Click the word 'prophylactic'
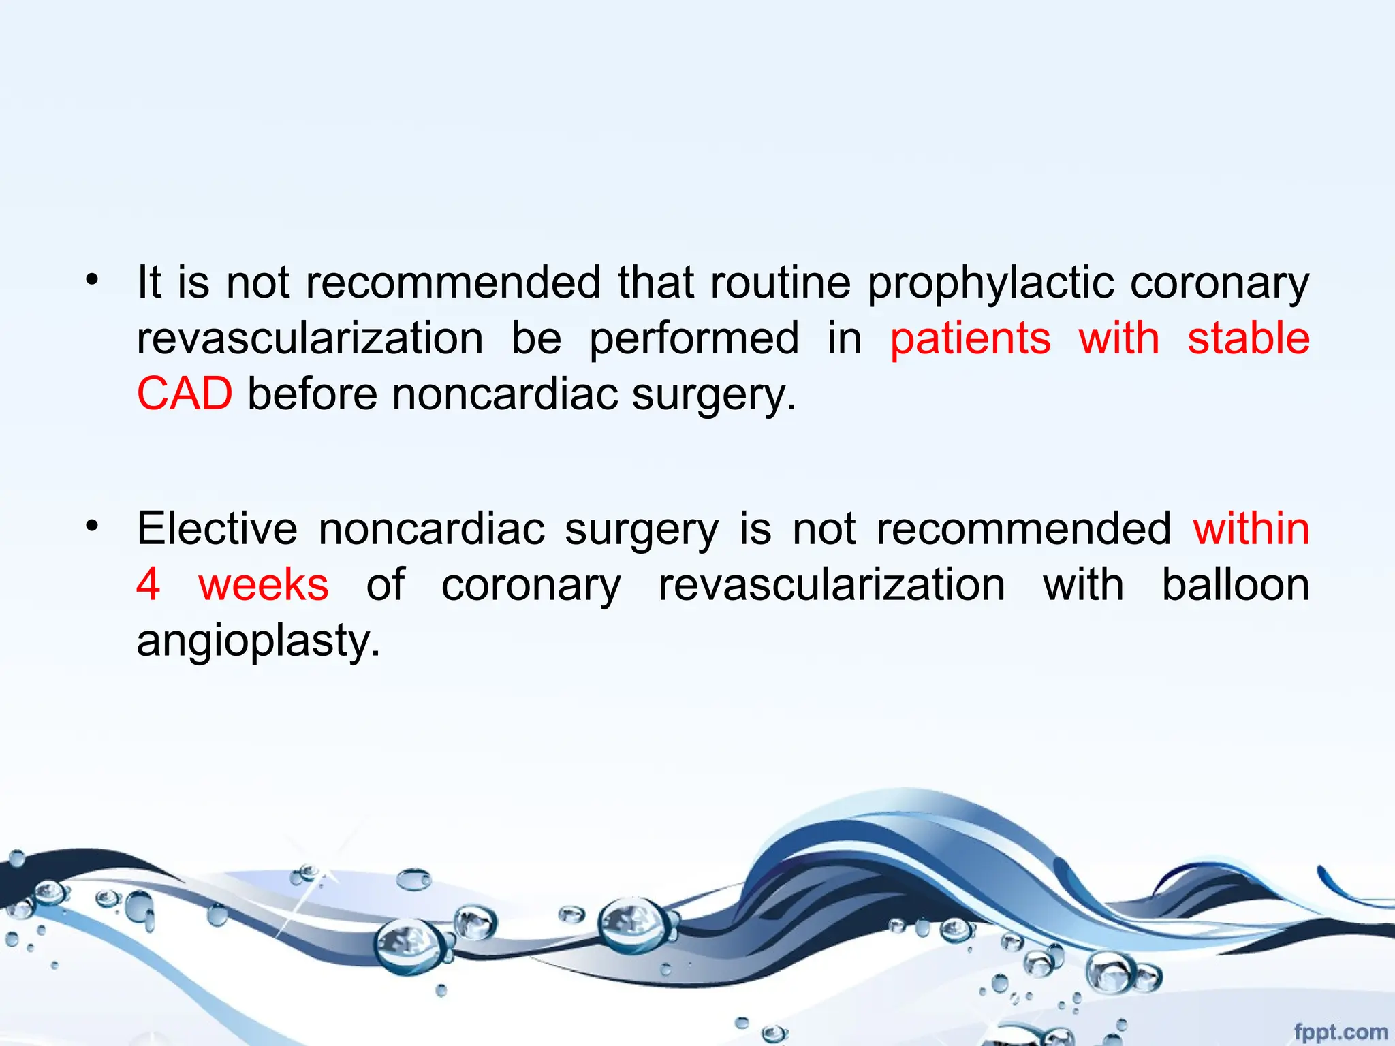pos(991,283)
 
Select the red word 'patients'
pos(970,339)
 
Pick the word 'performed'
pos(694,339)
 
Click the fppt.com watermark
pos(1340,1032)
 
